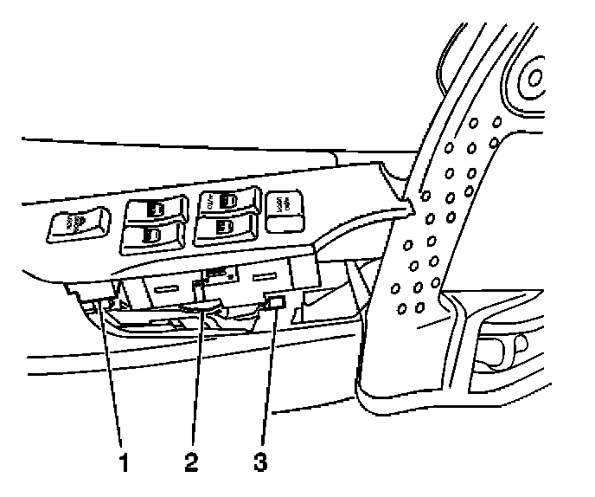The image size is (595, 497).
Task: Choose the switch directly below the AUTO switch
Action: [226, 229]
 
